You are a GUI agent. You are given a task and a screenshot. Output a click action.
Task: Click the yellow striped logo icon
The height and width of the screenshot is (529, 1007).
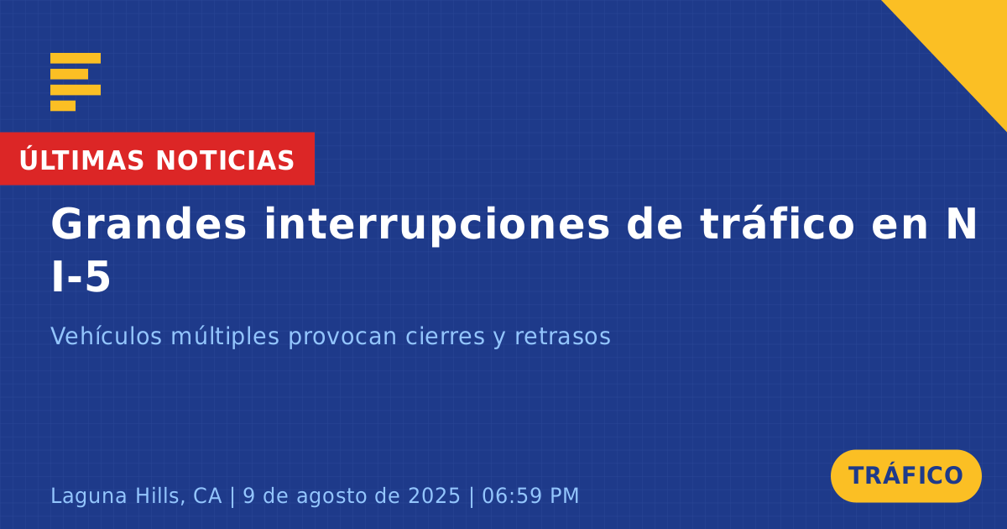tap(76, 82)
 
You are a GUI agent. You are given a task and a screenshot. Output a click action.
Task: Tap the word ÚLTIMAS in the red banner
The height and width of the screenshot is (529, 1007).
tap(81, 160)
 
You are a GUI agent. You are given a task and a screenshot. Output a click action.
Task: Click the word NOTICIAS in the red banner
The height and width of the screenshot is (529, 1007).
tap(225, 160)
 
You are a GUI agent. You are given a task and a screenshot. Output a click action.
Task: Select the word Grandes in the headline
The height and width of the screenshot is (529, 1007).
tap(149, 224)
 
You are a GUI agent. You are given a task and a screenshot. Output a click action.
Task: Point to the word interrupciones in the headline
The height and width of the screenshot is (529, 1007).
tap(436, 224)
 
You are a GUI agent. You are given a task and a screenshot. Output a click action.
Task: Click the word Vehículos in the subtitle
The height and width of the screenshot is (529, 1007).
tap(106, 336)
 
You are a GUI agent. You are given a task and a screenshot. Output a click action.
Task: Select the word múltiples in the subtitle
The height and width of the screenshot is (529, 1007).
tap(225, 337)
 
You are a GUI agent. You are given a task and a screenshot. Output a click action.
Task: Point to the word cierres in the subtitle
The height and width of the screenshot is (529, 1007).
tap(446, 336)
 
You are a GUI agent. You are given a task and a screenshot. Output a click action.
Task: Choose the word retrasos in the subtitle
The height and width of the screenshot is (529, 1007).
tap(562, 337)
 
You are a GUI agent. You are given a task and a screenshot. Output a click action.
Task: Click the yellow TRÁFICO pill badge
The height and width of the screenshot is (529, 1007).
tap(905, 476)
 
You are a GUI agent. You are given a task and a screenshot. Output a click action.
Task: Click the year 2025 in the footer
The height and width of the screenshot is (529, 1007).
tap(435, 495)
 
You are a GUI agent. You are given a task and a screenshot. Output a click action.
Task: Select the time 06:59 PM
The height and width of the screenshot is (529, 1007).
tap(530, 495)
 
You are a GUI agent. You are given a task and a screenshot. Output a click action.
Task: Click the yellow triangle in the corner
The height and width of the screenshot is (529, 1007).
tap(967, 40)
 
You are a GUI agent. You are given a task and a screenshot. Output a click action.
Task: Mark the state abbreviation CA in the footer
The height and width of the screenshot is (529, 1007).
tap(207, 495)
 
